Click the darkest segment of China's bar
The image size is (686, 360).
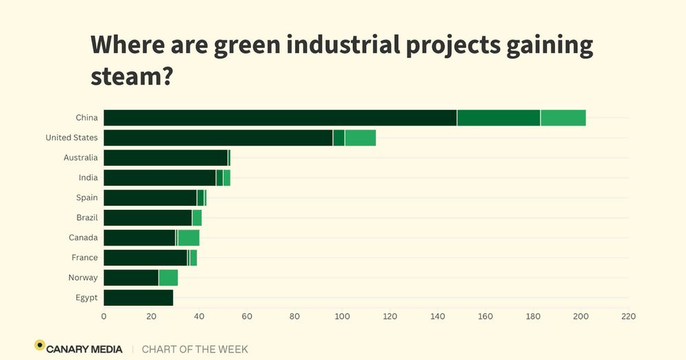pos(280,117)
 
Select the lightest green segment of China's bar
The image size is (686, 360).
pos(563,117)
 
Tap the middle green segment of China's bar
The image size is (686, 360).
pos(499,117)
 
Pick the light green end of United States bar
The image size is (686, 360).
pos(360,137)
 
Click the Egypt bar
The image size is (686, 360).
pos(138,298)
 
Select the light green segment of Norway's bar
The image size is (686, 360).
pos(168,278)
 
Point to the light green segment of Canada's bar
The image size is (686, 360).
pos(189,238)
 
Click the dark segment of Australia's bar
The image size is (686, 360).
pos(165,158)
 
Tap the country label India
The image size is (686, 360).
pos(88,178)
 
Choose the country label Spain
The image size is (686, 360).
pos(87,197)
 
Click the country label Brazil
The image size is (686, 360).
pos(87,217)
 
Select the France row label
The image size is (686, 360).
pos(84,258)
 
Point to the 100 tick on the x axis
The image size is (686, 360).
pos(342,317)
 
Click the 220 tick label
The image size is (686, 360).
pos(628,317)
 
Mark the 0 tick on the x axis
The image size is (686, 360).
pos(104,317)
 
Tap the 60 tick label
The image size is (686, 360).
pos(247,317)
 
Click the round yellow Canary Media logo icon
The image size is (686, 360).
pos(40,345)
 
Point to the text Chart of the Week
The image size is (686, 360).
pos(195,349)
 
